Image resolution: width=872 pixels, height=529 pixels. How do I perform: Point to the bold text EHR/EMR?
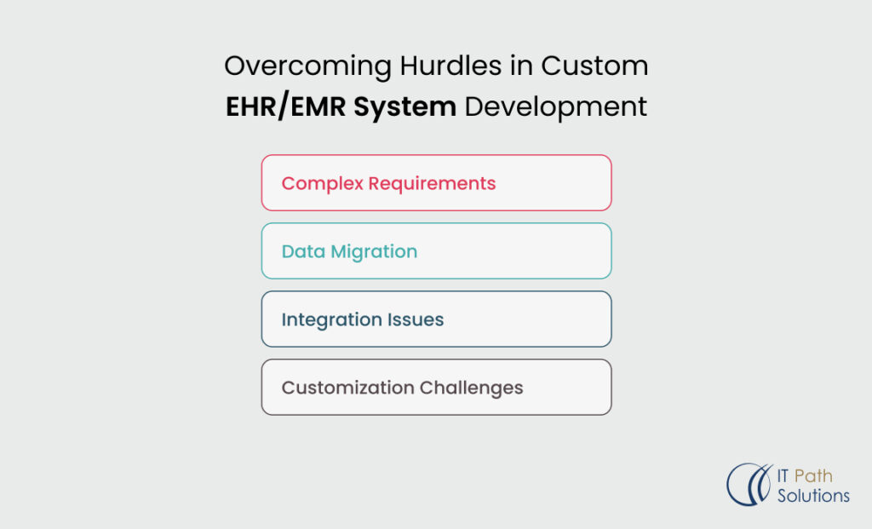click(281, 107)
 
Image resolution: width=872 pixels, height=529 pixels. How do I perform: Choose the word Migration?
click(372, 252)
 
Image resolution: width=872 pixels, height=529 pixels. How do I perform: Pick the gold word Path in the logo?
click(812, 474)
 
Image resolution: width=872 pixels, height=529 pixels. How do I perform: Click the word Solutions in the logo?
click(813, 495)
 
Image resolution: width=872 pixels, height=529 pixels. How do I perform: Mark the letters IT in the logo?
click(784, 474)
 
